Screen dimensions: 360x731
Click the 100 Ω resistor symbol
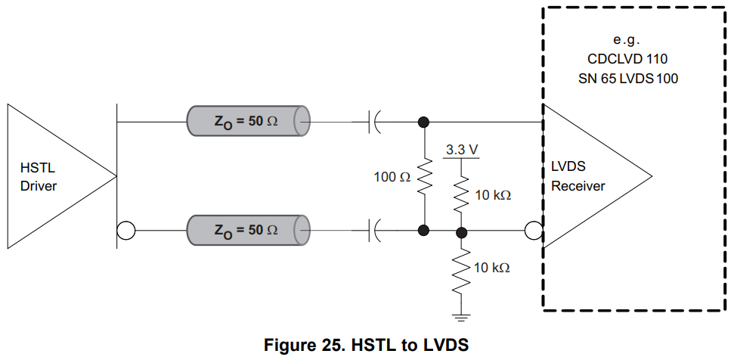(x=424, y=175)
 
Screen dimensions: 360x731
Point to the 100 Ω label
(x=392, y=177)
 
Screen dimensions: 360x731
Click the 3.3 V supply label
(x=461, y=150)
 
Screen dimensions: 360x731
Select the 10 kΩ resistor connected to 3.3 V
(x=461, y=194)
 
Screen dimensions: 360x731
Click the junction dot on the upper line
(x=424, y=120)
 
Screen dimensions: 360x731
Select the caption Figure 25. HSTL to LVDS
(x=366, y=346)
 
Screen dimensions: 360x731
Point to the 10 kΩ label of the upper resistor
(x=493, y=195)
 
